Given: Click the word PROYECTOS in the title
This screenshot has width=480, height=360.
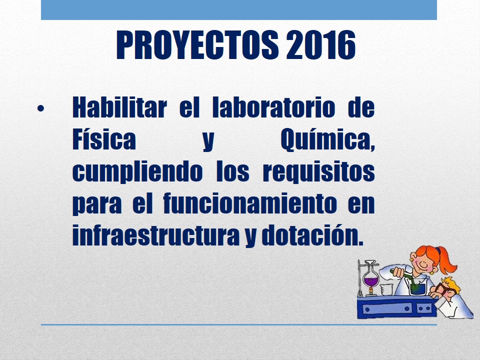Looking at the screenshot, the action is [x=197, y=45].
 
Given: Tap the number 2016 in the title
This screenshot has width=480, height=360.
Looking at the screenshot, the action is [x=321, y=45].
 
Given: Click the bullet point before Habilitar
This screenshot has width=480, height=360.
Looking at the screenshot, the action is [x=40, y=108].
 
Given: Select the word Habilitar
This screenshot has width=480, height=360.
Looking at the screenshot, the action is [x=119, y=107].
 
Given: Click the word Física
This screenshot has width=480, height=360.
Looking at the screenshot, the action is [x=104, y=139].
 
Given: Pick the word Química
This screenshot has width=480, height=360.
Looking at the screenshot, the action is [x=327, y=140].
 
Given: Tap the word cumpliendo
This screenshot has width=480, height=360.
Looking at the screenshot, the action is [x=137, y=172].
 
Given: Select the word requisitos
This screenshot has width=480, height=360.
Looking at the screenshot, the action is [x=318, y=172].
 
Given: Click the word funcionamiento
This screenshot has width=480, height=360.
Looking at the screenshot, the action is [x=250, y=203].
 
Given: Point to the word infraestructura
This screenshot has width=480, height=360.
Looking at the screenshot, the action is [x=156, y=235].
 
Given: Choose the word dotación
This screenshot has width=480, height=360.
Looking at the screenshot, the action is [x=312, y=235].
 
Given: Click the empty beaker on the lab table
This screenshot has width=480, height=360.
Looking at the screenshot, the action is [x=386, y=289].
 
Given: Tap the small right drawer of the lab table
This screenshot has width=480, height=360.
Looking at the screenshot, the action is [x=424, y=308].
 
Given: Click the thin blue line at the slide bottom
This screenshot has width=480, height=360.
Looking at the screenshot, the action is [x=239, y=325].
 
